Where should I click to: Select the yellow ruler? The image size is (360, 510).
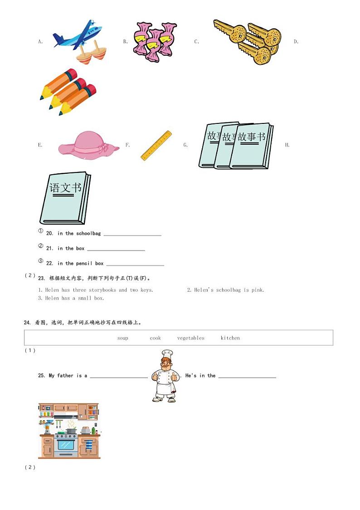point(156,146)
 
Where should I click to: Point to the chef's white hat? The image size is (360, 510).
point(167,353)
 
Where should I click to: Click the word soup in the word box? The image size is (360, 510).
point(123,338)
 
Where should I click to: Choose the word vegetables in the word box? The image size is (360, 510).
point(190,338)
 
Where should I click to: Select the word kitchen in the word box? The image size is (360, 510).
point(230,338)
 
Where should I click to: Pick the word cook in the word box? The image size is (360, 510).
point(155,338)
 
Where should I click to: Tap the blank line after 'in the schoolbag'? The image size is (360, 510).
point(132,234)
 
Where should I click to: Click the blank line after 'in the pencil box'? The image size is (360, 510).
point(135,264)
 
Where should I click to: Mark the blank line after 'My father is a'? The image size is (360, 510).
point(118,376)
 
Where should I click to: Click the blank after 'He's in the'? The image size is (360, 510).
point(247,376)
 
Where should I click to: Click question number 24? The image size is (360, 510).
point(27,323)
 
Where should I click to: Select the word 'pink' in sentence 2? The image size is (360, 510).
point(258,290)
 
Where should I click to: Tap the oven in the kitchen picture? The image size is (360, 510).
point(66,445)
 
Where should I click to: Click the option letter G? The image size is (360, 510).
point(185,145)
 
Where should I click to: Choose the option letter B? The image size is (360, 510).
point(125,42)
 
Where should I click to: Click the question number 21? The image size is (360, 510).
point(49,249)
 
